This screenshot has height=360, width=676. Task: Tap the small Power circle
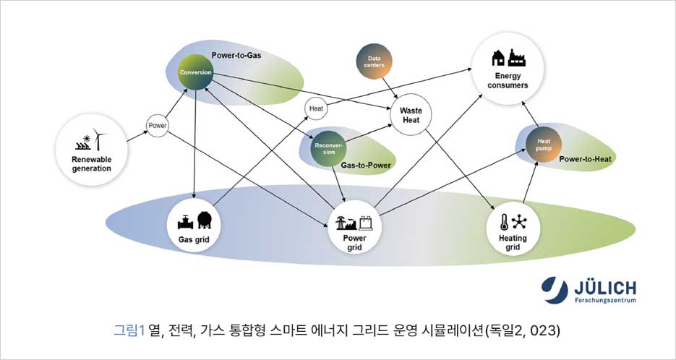point(158,126)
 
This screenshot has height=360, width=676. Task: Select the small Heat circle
point(316,108)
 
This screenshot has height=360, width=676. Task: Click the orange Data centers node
point(375,63)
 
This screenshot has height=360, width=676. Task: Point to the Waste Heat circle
point(411,115)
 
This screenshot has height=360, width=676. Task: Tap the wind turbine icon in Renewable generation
point(99,139)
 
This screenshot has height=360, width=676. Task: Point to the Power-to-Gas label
point(237,55)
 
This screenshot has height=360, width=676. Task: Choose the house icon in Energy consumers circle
point(498,58)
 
